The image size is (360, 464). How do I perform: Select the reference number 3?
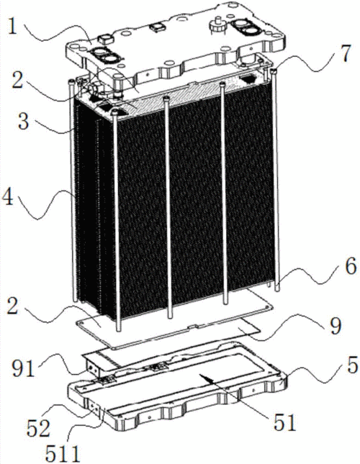(x=23, y=122)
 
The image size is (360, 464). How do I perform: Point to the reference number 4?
(x=8, y=196)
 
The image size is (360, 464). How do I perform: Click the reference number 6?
(x=351, y=267)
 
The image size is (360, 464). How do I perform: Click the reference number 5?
(x=351, y=366)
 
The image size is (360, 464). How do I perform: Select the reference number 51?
(x=284, y=422)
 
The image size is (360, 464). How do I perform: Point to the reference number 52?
(x=38, y=428)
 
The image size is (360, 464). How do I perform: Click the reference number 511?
(x=63, y=453)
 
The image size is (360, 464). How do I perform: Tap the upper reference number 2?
(x=17, y=80)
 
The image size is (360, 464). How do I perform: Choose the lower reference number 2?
(x=12, y=309)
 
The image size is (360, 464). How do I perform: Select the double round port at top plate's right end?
(x=245, y=27)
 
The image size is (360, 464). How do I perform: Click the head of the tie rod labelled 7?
(x=274, y=70)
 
